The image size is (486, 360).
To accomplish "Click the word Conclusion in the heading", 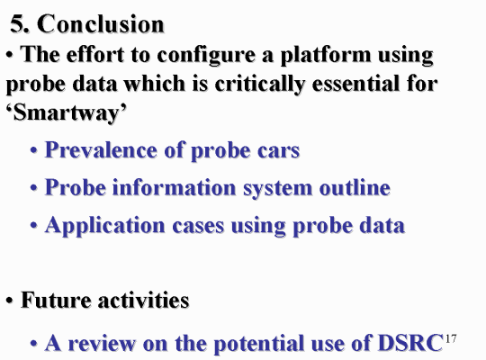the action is [101, 24].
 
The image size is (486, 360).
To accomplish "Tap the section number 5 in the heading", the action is [18, 24].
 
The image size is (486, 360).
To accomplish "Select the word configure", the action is [206, 56].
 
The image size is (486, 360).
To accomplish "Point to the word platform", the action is [326, 55].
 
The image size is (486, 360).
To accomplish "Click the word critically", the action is [260, 85].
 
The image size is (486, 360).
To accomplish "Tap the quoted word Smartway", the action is [67, 112].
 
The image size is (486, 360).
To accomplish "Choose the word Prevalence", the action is [101, 149].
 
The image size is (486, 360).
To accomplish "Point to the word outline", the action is [355, 187].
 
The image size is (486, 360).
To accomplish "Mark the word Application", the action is [104, 226].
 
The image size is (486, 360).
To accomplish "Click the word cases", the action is [198, 226].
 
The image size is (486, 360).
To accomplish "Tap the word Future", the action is [56, 300].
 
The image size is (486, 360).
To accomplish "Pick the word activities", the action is [143, 300].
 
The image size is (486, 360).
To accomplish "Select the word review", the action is [102, 343].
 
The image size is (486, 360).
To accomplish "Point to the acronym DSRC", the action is [410, 343].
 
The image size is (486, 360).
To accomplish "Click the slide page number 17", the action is [451, 338].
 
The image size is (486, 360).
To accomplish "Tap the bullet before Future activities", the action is [10, 301].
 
